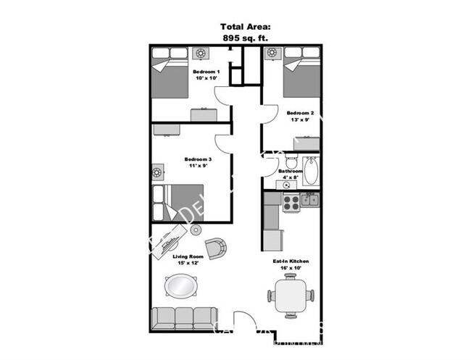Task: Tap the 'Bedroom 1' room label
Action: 207,72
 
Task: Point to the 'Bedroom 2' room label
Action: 300,113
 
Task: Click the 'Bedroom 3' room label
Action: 197,159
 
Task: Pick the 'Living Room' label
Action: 187,256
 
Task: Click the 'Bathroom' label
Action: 291,171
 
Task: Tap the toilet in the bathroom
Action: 291,161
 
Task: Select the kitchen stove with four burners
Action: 291,201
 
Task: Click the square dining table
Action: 291,296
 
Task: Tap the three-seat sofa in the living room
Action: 183,318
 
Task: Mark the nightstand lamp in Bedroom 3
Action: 157,173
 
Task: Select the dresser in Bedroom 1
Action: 203,114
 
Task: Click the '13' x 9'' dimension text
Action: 300,120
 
